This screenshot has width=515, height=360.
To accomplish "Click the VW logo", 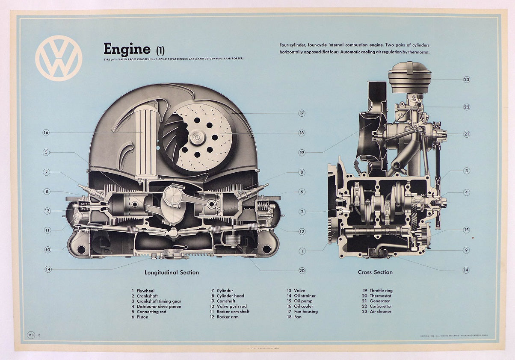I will pyautogui.click(x=59, y=58).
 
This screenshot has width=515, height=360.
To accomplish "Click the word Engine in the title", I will pyautogui.click(x=127, y=49).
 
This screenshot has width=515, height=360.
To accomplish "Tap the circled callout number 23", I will pyautogui.click(x=466, y=79).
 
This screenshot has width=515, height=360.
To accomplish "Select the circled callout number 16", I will pyautogui.click(x=46, y=133).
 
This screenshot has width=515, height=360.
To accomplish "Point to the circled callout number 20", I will pyautogui.click(x=302, y=270).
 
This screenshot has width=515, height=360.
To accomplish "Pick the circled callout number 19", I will pyautogui.click(x=302, y=152).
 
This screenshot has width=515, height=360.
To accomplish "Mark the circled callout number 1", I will pyautogui.click(x=302, y=251).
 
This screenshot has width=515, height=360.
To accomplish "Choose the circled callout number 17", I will pyautogui.click(x=302, y=113).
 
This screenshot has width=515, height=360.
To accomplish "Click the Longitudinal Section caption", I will pyautogui.click(x=172, y=272).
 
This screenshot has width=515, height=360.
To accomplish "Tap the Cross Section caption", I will pyautogui.click(x=375, y=272).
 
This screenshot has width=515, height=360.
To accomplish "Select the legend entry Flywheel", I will pyautogui.click(x=146, y=291).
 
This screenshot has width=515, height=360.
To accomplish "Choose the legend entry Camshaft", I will pyautogui.click(x=227, y=301).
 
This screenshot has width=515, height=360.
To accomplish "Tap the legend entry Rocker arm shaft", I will pyautogui.click(x=233, y=312).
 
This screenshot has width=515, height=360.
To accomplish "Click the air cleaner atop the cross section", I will pyautogui.click(x=409, y=77).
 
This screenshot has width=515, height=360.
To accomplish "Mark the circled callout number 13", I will pyautogui.click(x=46, y=210).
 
